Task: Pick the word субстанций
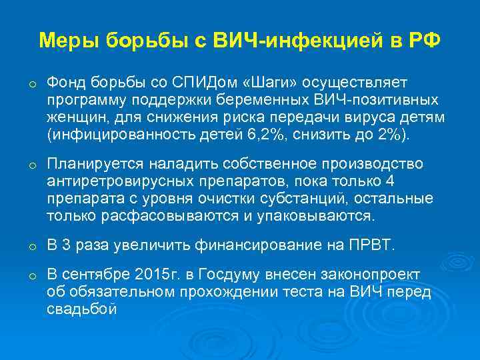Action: (313, 198)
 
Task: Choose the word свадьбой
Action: (82, 309)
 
